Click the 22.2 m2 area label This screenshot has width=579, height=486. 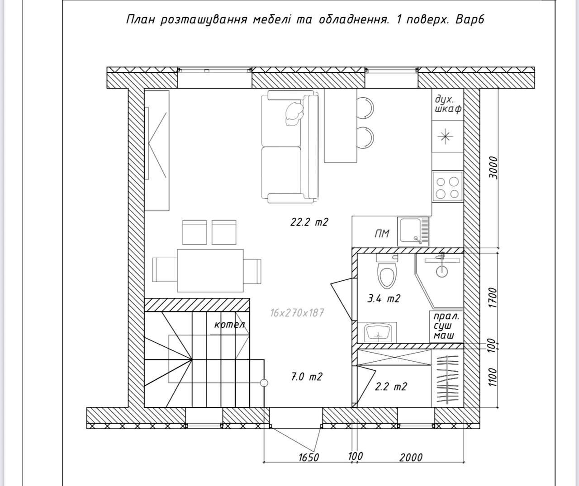[309, 222]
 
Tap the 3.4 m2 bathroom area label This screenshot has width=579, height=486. [384, 298]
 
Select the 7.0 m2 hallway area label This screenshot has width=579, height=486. [307, 377]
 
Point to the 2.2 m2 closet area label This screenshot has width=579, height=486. [391, 387]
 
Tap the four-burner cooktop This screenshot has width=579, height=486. [447, 187]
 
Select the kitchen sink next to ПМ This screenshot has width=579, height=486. [413, 232]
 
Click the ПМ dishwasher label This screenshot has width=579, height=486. [382, 234]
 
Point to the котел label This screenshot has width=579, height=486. [229, 325]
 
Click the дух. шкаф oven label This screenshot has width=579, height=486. [447, 104]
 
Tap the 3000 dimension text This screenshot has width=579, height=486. [493, 168]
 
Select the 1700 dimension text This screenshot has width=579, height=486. [493, 297]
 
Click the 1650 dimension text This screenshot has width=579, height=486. [309, 458]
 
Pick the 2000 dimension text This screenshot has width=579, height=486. [411, 458]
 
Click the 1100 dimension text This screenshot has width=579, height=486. [493, 377]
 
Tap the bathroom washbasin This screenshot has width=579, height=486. [378, 333]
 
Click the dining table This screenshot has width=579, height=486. [210, 271]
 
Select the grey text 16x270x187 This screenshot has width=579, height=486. [297, 313]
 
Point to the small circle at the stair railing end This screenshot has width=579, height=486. [264, 383]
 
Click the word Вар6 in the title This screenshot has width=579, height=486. [470, 20]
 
